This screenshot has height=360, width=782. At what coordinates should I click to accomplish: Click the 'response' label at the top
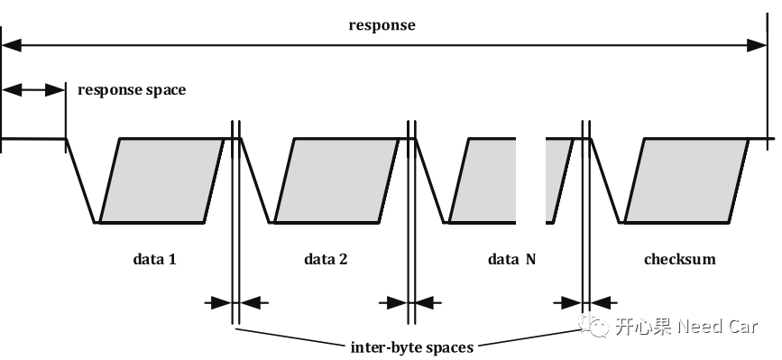point(382,25)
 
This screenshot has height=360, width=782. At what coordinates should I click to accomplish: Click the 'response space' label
point(132,90)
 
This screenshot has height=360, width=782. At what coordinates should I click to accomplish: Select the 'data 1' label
point(154,260)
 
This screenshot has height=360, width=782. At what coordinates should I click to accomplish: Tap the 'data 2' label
point(326,260)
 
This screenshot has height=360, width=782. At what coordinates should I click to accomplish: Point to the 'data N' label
point(511,260)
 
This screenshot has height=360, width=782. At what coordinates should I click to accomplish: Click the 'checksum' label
point(679,260)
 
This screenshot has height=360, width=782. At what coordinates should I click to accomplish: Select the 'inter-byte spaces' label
point(411,346)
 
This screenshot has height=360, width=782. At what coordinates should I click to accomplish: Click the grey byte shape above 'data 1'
point(161,180)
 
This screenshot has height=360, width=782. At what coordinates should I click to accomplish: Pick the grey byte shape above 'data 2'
point(336,180)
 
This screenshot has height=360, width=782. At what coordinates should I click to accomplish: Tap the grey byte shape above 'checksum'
point(686,180)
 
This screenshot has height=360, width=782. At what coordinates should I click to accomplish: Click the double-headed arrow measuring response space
point(33,89)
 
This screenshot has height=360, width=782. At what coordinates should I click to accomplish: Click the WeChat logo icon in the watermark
point(596,326)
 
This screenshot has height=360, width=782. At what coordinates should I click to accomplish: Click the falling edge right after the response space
point(80,180)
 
